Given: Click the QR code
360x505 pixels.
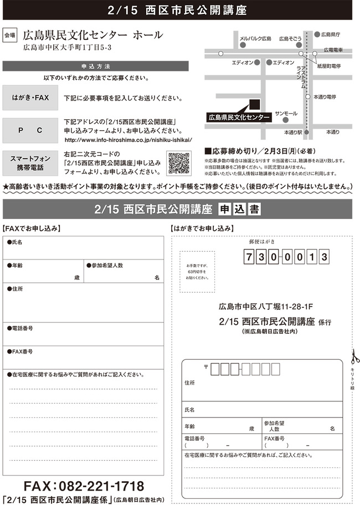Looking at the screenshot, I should (178, 162).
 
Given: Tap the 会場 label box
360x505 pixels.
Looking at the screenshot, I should (10, 35).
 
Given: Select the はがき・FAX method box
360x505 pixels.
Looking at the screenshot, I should (30, 98).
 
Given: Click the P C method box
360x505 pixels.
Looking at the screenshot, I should (30, 130).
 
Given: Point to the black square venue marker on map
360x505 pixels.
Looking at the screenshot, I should (255, 104).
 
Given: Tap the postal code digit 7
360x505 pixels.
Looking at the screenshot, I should (249, 257).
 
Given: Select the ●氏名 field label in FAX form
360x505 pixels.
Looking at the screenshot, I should (15, 242).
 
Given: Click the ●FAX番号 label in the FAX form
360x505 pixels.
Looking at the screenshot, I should (20, 351).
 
